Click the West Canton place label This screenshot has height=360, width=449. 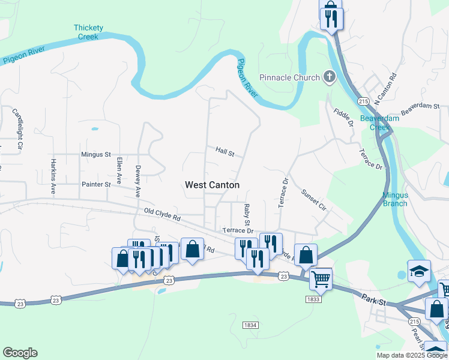click(212, 185)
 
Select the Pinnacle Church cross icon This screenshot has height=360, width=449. click(329, 77)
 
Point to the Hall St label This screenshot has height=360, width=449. click(224, 152)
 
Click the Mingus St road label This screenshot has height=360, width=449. click(96, 154)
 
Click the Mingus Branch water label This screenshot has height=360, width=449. click(395, 199)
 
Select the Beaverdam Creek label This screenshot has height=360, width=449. click(375, 122)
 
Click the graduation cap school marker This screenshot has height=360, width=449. click(419, 271)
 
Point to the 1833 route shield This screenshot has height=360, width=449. click(312, 299)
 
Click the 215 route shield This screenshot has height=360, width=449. click(363, 102)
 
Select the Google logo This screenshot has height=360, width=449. click(20, 353)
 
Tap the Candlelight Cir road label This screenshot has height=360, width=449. click(17, 128)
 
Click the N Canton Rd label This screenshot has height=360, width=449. click(385, 88)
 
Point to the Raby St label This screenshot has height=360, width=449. click(247, 215)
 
